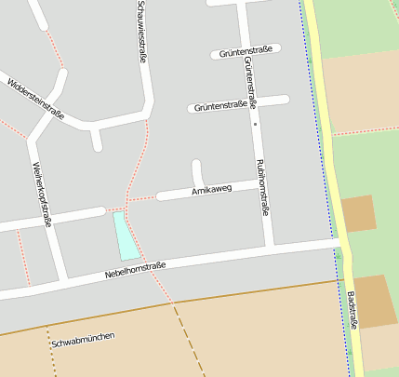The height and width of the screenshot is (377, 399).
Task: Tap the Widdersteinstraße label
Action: [x=34, y=101]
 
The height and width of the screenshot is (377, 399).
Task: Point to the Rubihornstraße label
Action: [x=261, y=186]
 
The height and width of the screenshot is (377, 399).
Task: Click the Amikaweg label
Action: [x=210, y=190]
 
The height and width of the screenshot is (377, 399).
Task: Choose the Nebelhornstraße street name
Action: [x=136, y=271]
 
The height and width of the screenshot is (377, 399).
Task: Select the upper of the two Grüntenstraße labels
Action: [x=246, y=51]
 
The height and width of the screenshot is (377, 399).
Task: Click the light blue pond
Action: [x=125, y=236]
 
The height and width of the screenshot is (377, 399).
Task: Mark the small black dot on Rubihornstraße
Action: [x=253, y=122]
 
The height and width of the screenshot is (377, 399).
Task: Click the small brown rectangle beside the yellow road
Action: [x=359, y=213]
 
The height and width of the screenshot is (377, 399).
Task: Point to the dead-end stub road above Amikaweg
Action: [x=197, y=172]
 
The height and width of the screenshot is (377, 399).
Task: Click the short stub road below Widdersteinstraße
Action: [x=95, y=139]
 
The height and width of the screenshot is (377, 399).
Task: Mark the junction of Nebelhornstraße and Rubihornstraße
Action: [x=268, y=249]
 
